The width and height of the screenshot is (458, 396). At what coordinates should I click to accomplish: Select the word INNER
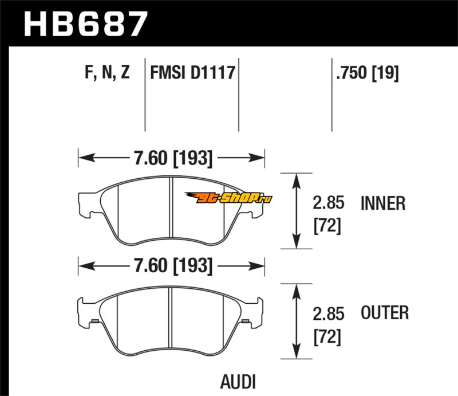point(384,203)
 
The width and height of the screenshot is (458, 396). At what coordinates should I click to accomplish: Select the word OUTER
point(385,313)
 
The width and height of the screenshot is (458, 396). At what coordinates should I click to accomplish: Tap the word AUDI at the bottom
point(238,382)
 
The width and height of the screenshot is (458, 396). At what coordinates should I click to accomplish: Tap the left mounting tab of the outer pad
point(85,312)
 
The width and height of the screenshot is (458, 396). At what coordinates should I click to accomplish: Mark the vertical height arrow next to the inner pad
point(297,210)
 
